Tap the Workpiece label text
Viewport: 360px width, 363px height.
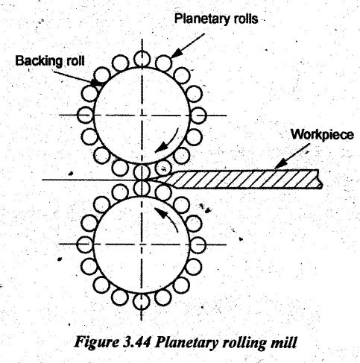[323, 135]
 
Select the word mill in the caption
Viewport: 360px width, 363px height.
[285, 342]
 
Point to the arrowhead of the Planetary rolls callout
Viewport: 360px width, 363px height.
[175, 54]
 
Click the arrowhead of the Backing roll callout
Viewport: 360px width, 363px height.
[95, 82]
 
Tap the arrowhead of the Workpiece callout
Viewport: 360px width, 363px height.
[280, 165]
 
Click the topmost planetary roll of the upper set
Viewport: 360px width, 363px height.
[142, 60]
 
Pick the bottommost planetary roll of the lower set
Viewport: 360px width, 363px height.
[142, 302]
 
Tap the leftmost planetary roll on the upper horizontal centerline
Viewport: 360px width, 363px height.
[85, 115]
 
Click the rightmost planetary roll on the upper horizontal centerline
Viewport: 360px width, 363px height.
[198, 116]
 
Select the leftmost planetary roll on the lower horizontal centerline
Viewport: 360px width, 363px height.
[85, 244]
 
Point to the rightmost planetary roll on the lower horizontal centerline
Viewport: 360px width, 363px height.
[198, 244]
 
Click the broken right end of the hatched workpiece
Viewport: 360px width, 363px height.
[320, 179]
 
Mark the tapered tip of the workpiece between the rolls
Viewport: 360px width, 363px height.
[145, 180]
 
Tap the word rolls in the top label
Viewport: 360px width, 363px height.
[244, 19]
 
